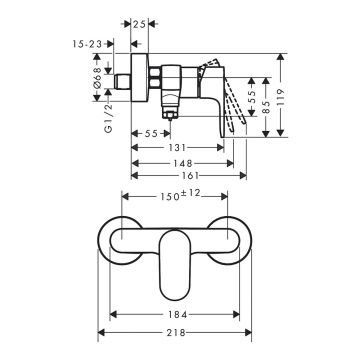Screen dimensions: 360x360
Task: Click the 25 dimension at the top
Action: tap(139, 24)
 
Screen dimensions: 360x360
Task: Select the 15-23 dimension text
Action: tap(87, 44)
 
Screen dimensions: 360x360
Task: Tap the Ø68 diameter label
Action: tap(97, 77)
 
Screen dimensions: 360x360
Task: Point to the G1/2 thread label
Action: tap(108, 118)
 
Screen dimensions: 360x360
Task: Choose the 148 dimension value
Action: tap(183, 163)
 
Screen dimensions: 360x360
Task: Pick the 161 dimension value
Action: tap(190, 176)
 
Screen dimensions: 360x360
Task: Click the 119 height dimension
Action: tap(281, 97)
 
